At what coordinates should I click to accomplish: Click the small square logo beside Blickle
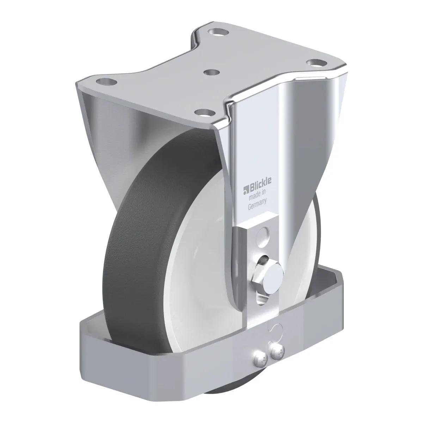tap(246, 190)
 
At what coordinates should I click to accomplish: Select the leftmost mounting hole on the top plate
tap(107, 83)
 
